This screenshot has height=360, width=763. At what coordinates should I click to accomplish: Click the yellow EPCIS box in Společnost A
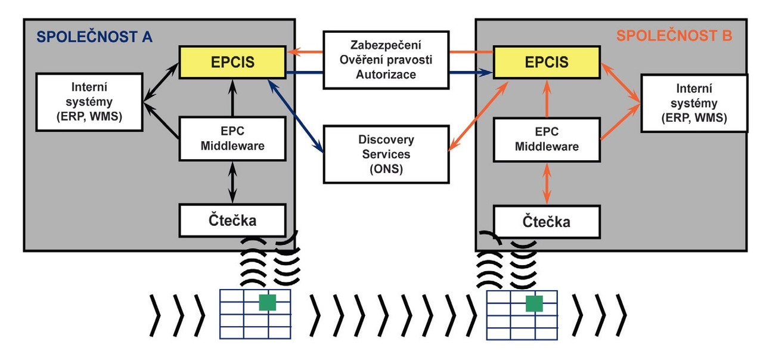(x=232, y=61)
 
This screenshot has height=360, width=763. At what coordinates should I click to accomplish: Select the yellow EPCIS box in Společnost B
(x=545, y=61)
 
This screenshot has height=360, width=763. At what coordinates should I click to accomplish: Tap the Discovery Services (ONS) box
(x=386, y=154)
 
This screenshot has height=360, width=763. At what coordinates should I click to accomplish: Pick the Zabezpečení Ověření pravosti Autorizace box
(x=386, y=60)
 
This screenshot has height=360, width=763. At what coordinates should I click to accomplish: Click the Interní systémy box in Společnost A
(x=89, y=102)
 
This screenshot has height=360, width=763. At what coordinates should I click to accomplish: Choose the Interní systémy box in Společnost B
(x=693, y=103)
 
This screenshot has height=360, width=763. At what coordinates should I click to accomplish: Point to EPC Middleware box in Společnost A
(x=232, y=138)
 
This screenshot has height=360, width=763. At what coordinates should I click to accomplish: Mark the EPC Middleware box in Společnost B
(x=547, y=138)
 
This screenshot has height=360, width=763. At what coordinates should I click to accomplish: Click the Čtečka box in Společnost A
(x=232, y=219)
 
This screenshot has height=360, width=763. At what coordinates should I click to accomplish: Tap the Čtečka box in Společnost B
(x=547, y=222)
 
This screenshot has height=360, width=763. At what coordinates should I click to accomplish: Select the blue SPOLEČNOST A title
(x=94, y=37)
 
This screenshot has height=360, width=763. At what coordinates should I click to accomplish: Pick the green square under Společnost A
(x=268, y=302)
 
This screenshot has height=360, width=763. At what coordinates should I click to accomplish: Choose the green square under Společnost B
(x=534, y=303)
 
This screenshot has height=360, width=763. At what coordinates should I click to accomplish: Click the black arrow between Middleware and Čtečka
(x=232, y=182)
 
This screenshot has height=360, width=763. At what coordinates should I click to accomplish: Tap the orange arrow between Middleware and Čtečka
(x=547, y=185)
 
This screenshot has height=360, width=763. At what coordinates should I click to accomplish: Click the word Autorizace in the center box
(x=386, y=75)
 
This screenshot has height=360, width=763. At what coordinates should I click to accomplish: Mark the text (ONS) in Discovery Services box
(x=386, y=169)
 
